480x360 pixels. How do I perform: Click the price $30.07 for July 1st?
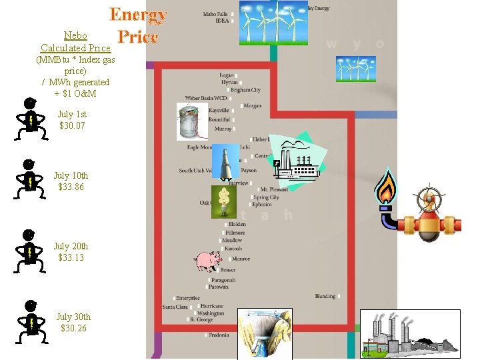(72, 125)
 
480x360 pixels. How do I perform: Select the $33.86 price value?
(71, 187)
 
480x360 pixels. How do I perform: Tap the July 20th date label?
(71, 246)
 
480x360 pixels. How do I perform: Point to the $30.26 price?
(73, 328)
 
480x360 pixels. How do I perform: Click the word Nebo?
(75, 35)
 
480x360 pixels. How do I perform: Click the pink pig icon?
(207, 261)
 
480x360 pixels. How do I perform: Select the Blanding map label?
(325, 296)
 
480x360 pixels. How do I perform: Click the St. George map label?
(201, 320)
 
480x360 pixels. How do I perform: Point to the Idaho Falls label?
(216, 13)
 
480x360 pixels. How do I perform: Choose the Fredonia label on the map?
(218, 335)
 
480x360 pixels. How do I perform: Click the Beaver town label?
(227, 270)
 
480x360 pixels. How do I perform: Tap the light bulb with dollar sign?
(224, 201)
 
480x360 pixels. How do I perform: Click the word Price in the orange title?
(137, 37)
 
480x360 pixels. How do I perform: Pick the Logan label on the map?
(227, 75)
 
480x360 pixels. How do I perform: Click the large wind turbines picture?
(273, 22)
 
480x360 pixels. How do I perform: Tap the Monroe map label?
(241, 259)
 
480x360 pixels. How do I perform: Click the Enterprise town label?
(188, 298)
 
